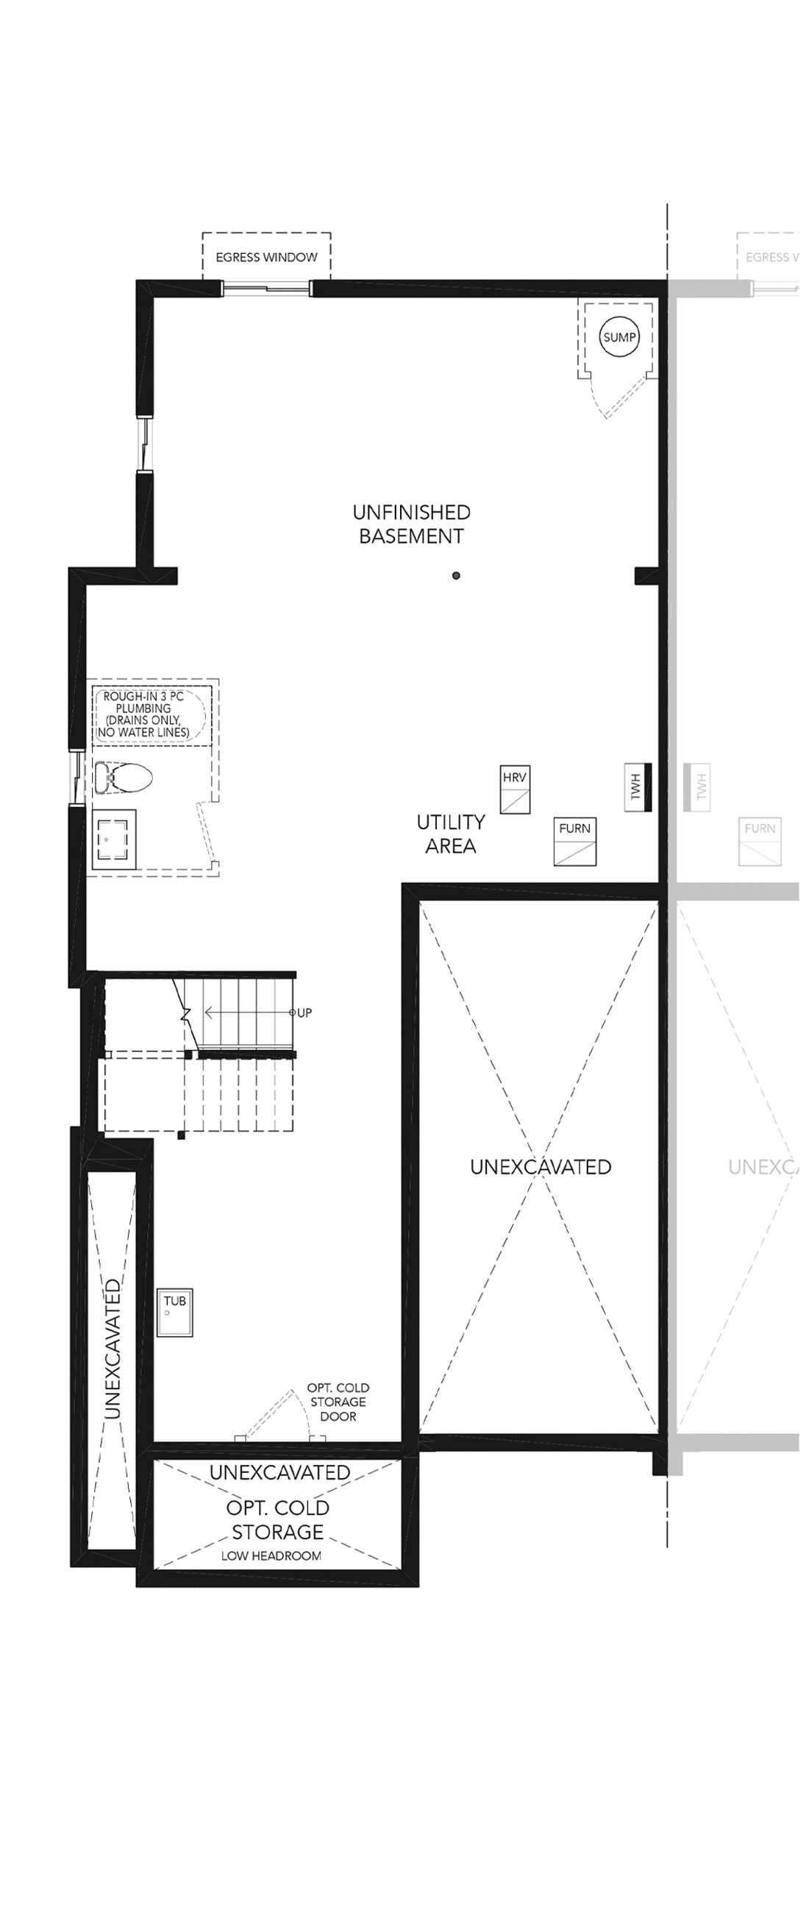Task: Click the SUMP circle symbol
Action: (619, 337)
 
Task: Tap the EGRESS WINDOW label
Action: (266, 258)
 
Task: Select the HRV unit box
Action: (515, 789)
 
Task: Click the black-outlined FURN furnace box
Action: (575, 842)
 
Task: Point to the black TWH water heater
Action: (638, 787)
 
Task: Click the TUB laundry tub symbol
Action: (175, 1312)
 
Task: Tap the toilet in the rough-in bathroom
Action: (124, 778)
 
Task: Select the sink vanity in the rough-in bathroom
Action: (114, 840)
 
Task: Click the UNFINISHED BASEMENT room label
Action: (411, 525)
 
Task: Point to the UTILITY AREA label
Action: (451, 834)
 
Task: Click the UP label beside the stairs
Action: (304, 1013)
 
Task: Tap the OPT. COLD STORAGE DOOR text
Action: (338, 1402)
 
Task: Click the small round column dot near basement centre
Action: (456, 575)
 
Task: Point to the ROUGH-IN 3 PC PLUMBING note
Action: (143, 714)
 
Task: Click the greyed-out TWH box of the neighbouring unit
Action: (696, 787)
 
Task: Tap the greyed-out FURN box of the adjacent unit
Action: (760, 842)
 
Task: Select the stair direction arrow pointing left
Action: (249, 1012)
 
